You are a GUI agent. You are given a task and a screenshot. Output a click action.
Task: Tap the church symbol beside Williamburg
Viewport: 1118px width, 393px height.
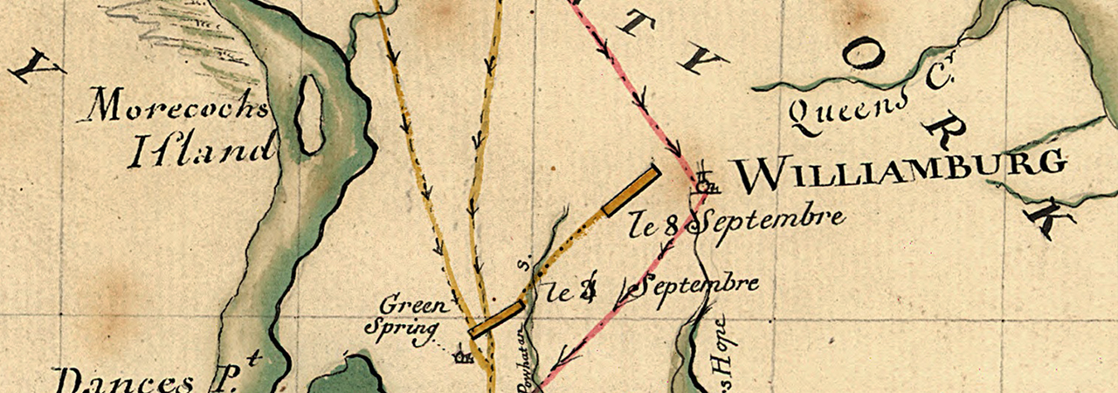click(x=706, y=183)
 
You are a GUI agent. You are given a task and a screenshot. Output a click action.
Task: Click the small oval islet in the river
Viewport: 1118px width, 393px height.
click(x=308, y=114)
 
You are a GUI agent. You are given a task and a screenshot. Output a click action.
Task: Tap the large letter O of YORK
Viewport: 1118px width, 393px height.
click(x=865, y=55)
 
